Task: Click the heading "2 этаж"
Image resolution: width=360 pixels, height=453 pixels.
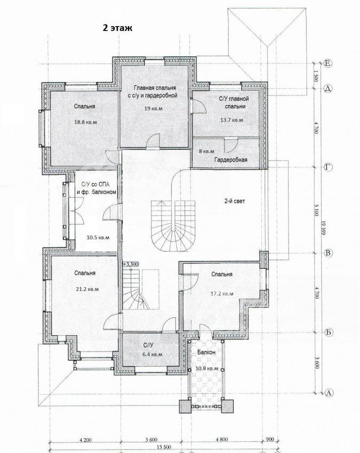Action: pyautogui.click(x=117, y=28)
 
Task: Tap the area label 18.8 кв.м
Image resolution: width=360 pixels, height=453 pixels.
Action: pyautogui.click(x=85, y=122)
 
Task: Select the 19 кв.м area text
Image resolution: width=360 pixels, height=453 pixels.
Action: pyautogui.click(x=153, y=109)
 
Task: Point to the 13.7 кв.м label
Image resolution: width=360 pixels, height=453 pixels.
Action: pyautogui.click(x=231, y=120)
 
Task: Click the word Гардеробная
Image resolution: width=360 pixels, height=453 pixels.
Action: pyautogui.click(x=231, y=159)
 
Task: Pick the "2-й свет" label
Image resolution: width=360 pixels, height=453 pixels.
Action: pyautogui.click(x=235, y=201)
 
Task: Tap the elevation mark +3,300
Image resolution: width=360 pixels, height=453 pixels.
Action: pyautogui.click(x=131, y=264)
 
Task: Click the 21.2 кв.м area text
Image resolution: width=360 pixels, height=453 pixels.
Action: pyautogui.click(x=87, y=289)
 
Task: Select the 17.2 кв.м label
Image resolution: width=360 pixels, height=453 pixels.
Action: pyautogui.click(x=222, y=294)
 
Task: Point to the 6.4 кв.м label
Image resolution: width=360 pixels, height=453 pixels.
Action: pyautogui.click(x=153, y=354)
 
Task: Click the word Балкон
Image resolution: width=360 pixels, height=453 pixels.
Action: pyautogui.click(x=206, y=352)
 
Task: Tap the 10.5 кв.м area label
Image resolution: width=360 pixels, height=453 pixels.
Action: pyautogui.click(x=98, y=238)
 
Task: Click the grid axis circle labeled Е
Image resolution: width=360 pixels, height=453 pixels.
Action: pyautogui.click(x=328, y=63)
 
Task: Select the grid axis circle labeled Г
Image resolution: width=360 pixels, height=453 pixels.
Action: pyautogui.click(x=328, y=167)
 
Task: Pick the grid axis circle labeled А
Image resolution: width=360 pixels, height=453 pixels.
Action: pyautogui.click(x=328, y=392)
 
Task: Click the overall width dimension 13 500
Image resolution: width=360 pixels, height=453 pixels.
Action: pyautogui.click(x=164, y=447)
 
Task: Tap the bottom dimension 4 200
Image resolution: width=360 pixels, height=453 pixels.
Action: pyautogui.click(x=85, y=440)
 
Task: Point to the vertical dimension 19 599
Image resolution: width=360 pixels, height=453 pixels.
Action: pyautogui.click(x=323, y=228)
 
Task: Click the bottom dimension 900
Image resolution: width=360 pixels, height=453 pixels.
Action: pyautogui.click(x=269, y=440)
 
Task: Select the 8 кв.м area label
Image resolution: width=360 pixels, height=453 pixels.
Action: pyautogui.click(x=207, y=151)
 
